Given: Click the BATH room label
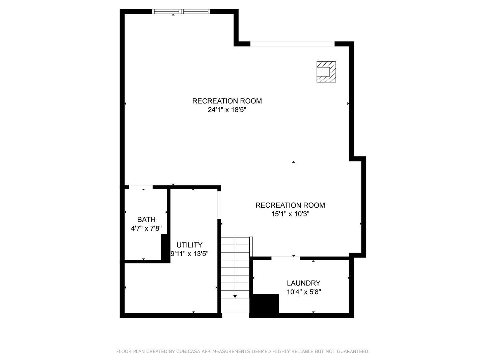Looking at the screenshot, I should (x=146, y=219).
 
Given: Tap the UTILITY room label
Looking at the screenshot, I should (x=189, y=245).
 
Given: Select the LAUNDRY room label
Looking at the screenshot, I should (x=303, y=283).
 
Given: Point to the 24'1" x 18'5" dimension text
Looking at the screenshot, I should (x=227, y=110).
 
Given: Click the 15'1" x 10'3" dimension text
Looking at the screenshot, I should (x=290, y=214).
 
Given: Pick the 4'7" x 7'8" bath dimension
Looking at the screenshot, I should (x=146, y=229).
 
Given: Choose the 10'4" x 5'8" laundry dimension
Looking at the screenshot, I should (x=303, y=292).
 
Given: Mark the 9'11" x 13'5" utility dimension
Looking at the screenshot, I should (x=189, y=254).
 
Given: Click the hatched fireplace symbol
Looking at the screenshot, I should (x=326, y=71).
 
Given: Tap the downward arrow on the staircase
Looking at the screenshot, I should (x=235, y=296).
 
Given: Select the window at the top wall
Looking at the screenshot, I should (x=181, y=11).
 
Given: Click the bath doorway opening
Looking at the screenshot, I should (x=141, y=187).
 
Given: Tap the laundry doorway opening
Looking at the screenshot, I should (x=286, y=258).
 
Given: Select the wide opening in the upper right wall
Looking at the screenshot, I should (x=292, y=44).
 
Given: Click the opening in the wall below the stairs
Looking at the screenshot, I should (x=235, y=315).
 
